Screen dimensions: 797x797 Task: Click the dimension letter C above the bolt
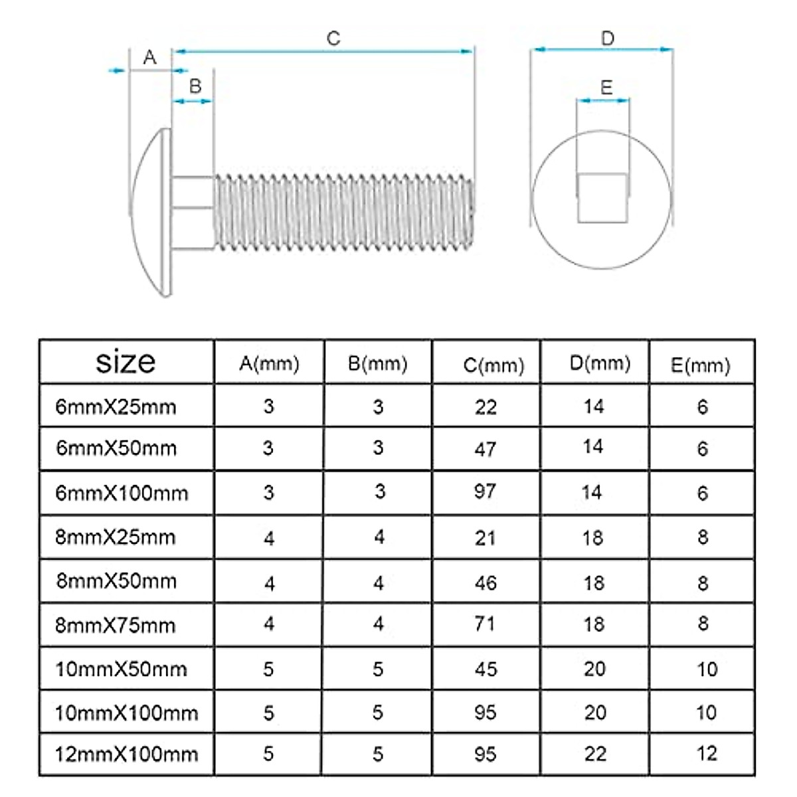click(333, 39)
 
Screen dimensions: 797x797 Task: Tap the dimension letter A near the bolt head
click(150, 58)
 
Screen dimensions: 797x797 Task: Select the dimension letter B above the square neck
click(195, 86)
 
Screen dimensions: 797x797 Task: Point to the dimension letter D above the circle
click(608, 39)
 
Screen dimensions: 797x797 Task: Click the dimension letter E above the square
click(606, 88)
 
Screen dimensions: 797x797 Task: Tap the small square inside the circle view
click(602, 198)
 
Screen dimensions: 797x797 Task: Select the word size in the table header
click(126, 362)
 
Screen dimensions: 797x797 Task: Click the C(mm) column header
click(493, 365)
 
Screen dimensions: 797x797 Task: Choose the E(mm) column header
click(700, 365)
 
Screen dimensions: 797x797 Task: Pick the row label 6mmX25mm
click(116, 406)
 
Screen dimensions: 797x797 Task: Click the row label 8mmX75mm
click(116, 625)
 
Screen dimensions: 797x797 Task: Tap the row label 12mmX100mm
click(127, 754)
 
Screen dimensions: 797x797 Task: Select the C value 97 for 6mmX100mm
click(486, 491)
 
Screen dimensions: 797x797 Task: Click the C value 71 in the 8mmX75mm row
click(486, 624)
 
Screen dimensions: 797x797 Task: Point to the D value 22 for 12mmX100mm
click(595, 754)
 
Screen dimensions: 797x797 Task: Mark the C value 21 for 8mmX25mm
click(486, 537)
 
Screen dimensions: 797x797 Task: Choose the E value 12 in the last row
click(707, 753)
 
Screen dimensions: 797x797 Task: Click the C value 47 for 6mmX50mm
click(486, 449)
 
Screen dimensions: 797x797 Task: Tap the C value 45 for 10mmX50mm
click(486, 669)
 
